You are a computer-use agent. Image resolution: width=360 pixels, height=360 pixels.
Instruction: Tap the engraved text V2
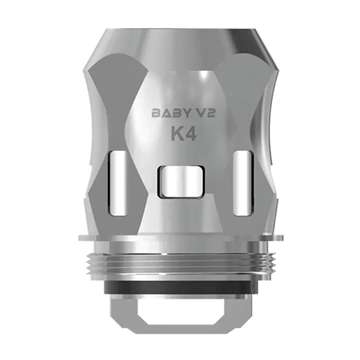(198, 112)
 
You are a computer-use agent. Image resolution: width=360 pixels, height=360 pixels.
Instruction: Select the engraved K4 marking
(181, 134)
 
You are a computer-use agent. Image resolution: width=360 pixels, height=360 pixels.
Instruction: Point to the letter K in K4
(173, 134)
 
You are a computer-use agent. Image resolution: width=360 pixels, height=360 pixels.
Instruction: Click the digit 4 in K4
(188, 134)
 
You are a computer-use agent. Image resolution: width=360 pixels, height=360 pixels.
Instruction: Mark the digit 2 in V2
(203, 112)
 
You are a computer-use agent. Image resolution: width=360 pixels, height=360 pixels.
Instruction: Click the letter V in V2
(192, 112)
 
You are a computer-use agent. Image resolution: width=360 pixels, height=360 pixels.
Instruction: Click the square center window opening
(181, 182)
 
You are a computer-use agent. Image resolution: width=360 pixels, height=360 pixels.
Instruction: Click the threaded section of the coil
(180, 259)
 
